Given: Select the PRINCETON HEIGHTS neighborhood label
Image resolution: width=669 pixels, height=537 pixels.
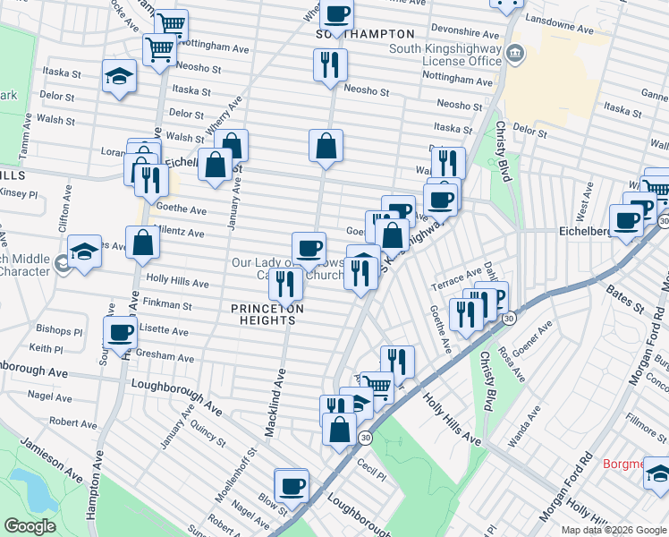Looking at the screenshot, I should (x=266, y=315).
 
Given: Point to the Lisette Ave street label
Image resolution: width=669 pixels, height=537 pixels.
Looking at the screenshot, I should (x=165, y=331).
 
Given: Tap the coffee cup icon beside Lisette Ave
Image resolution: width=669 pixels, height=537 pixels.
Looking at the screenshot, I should (x=121, y=333).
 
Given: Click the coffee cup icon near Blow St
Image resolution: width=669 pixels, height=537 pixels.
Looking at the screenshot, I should (x=292, y=486).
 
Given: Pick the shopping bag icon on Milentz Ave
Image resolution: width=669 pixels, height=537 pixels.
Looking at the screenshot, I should (x=143, y=242).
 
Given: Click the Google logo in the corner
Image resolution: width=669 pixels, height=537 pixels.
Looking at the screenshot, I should (x=30, y=526).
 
